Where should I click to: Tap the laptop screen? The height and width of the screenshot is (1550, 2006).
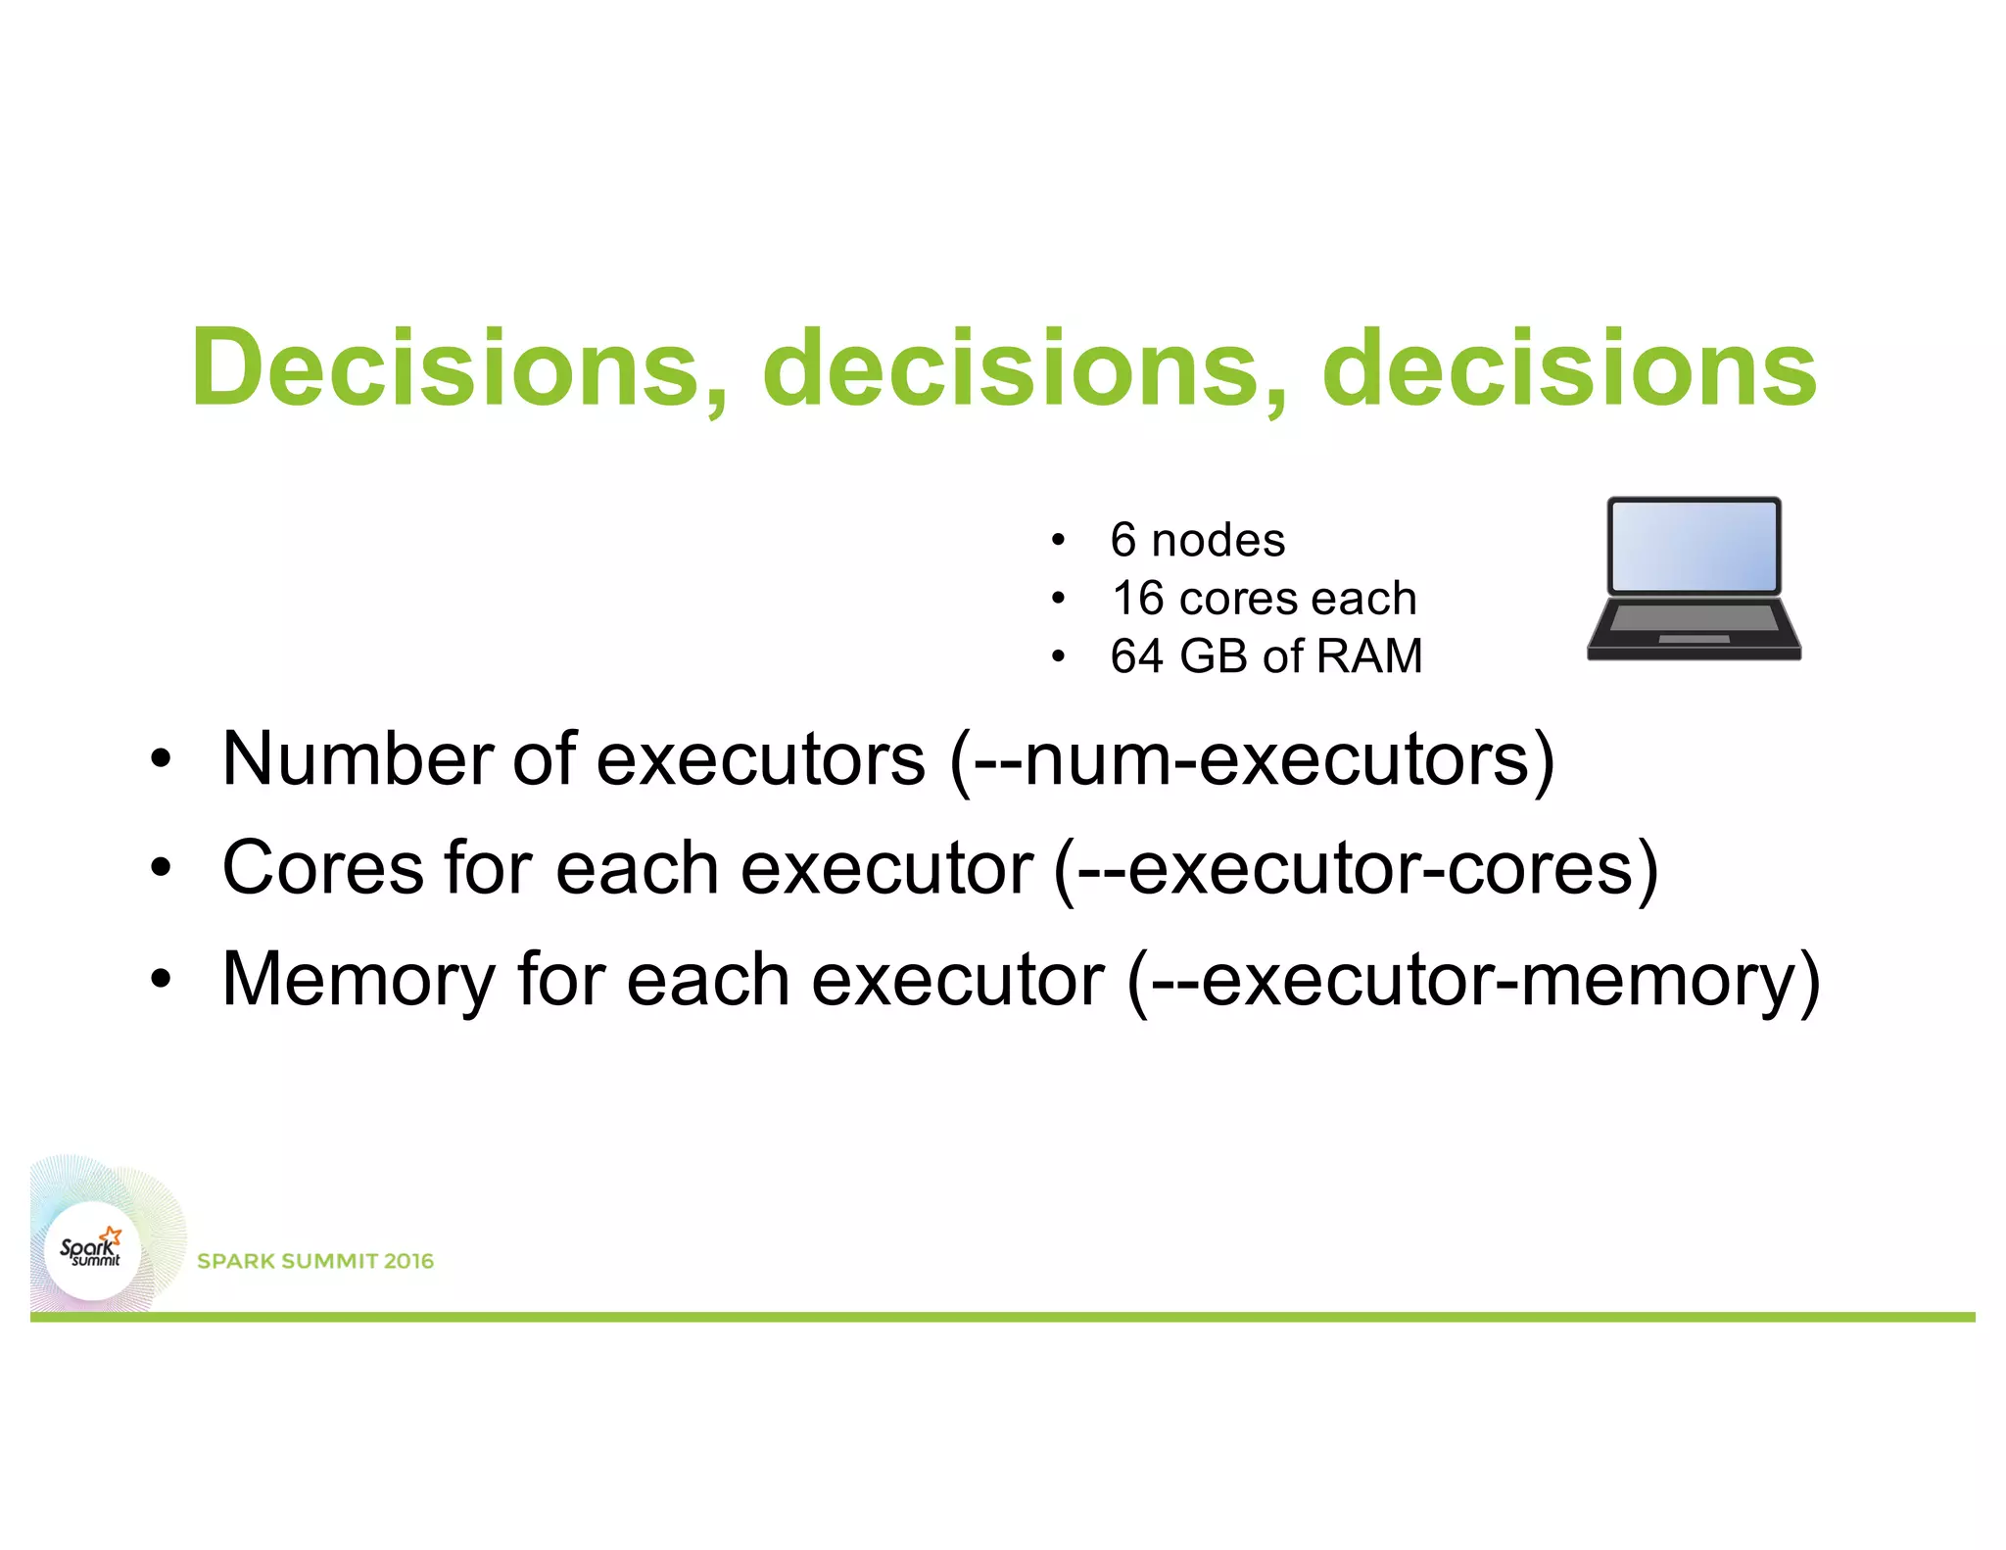click(1694, 545)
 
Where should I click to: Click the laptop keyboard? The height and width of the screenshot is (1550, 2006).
click(1694, 617)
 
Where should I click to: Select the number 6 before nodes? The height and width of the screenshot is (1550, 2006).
click(1123, 540)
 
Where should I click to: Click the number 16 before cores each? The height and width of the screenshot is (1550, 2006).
click(1137, 598)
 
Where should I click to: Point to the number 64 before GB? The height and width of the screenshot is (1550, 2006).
click(1136, 655)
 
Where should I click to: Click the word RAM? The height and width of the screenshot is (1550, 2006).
click(1369, 655)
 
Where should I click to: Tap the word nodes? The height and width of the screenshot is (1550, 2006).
click(1218, 540)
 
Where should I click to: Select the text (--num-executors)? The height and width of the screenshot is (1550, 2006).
click(1252, 759)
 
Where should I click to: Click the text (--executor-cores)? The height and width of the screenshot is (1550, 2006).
click(1356, 869)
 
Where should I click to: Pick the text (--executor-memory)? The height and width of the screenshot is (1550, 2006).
click(1473, 979)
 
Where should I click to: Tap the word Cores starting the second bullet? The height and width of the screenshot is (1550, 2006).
click(323, 869)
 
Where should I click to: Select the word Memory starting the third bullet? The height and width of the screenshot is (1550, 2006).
click(358, 979)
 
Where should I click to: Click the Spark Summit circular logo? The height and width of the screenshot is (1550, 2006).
click(92, 1250)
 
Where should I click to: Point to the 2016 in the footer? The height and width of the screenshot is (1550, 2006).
click(408, 1261)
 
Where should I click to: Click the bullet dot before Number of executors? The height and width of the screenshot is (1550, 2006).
click(161, 759)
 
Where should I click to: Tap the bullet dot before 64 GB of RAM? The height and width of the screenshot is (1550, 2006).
click(1057, 656)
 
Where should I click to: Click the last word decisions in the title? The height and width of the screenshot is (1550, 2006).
click(1569, 368)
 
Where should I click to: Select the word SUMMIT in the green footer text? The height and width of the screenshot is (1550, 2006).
click(328, 1261)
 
